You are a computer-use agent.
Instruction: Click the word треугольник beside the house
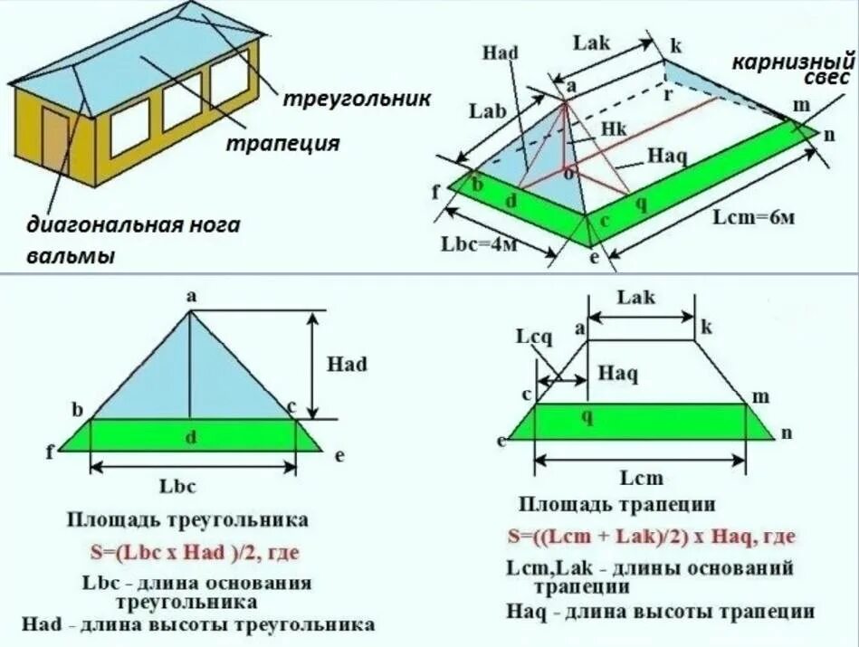357,98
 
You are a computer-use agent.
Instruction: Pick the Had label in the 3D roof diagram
500,52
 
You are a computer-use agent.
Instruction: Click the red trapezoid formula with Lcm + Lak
651,537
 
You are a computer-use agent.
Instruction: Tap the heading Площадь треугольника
187,519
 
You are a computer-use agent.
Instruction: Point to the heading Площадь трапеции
617,504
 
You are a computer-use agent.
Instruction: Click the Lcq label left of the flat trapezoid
533,337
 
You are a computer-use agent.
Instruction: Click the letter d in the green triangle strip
191,438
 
